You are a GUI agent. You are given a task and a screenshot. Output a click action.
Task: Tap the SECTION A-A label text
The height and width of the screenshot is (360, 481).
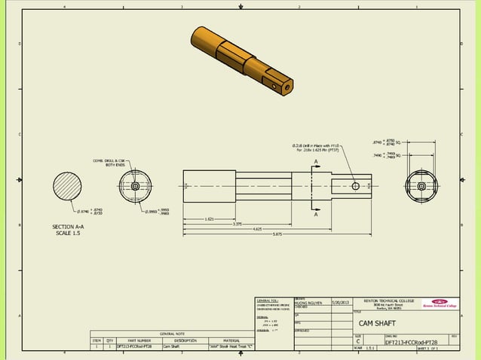pyautogui.click(x=68, y=226)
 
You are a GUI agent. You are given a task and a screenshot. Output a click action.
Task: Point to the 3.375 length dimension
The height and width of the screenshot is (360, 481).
pyautogui.click(x=237, y=224)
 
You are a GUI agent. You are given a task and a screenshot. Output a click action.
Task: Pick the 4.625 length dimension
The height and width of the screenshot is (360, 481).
pyautogui.click(x=258, y=229)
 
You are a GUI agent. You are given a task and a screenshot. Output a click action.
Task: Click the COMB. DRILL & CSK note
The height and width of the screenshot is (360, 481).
pyautogui.click(x=109, y=161)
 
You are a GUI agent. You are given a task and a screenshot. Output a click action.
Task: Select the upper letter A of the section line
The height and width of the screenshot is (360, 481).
pyautogui.click(x=317, y=162)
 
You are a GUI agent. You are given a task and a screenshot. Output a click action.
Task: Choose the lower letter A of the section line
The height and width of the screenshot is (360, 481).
pyautogui.click(x=317, y=213)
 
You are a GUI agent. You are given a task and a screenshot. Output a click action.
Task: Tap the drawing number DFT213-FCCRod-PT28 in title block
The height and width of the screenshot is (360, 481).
pyautogui.click(x=412, y=341)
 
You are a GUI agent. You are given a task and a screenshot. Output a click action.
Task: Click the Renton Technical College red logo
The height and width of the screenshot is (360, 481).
pyautogui.click(x=440, y=304)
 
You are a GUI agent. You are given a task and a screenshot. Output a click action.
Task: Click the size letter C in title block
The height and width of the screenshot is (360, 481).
pyautogui.click(x=359, y=341)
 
